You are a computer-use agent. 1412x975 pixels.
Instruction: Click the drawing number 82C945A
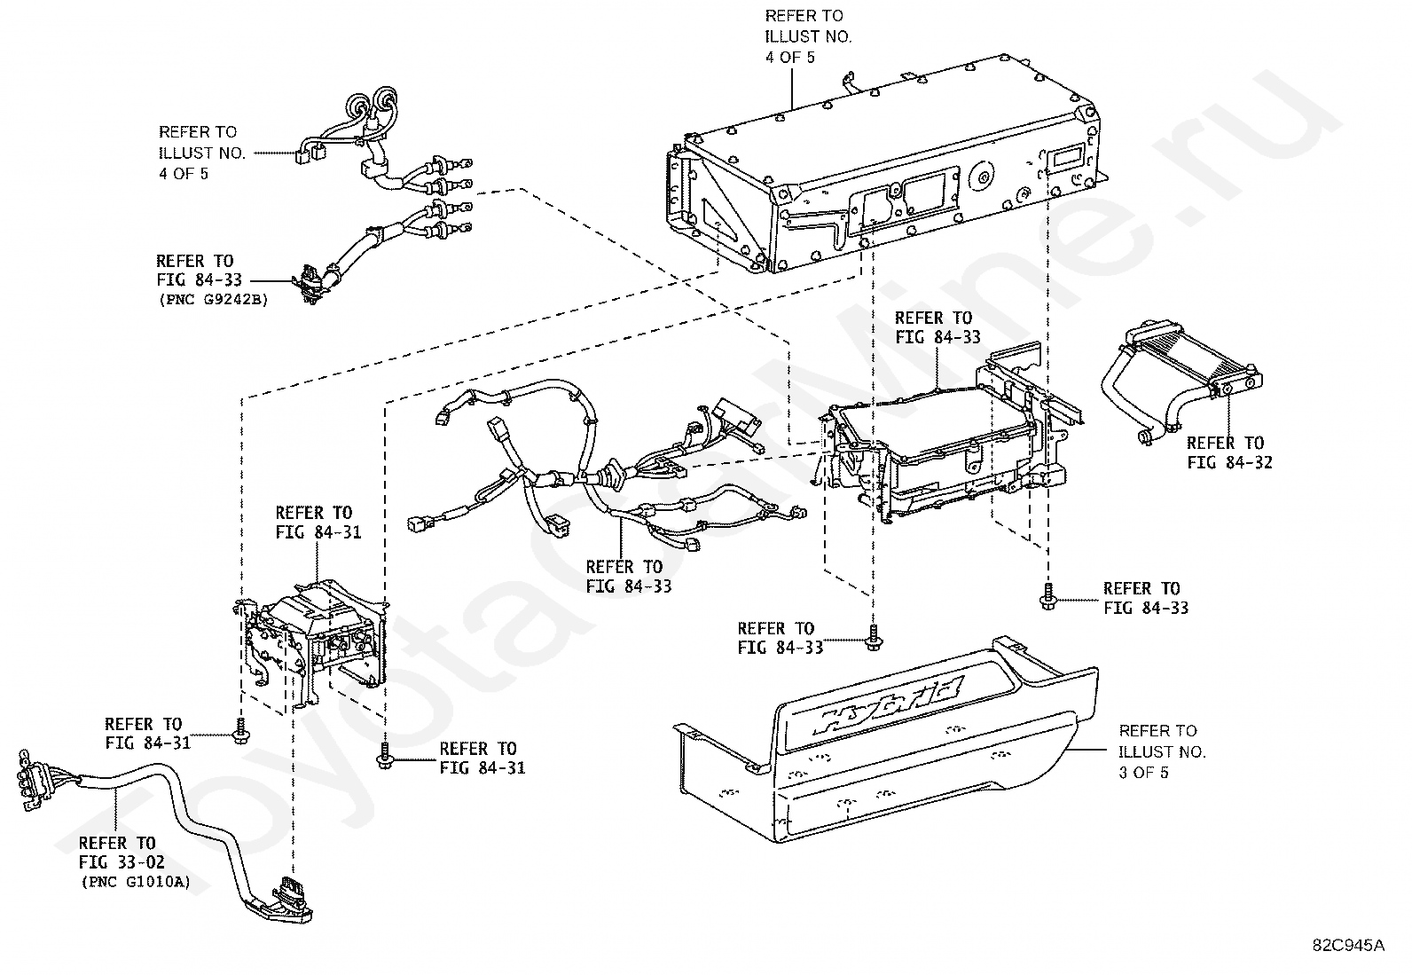[1348, 945]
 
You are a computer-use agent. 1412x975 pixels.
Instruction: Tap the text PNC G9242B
[212, 300]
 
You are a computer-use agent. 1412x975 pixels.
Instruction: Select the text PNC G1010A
[134, 882]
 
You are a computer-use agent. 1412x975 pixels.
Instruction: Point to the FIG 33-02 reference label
[122, 852]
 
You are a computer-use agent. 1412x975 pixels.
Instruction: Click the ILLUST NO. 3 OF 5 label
[1162, 751]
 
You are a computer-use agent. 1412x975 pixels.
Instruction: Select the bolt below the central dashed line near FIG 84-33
[873, 638]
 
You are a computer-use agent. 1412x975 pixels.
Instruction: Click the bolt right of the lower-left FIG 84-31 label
[240, 732]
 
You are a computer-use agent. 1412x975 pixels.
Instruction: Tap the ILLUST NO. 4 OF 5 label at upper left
[202, 153]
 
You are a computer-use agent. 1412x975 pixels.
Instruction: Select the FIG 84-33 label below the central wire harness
[628, 577]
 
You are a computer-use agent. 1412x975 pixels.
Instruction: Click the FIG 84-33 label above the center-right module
[937, 327]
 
